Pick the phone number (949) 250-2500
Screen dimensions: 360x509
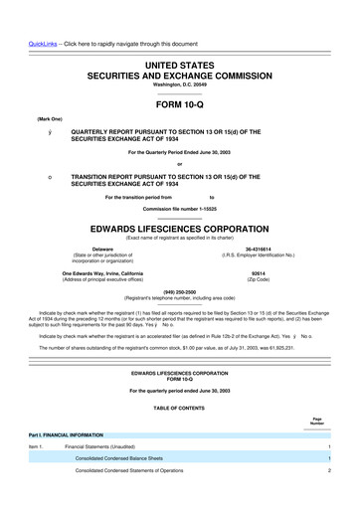179,292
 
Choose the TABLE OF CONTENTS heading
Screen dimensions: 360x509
179,408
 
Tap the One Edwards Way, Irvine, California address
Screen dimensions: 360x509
90,272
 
